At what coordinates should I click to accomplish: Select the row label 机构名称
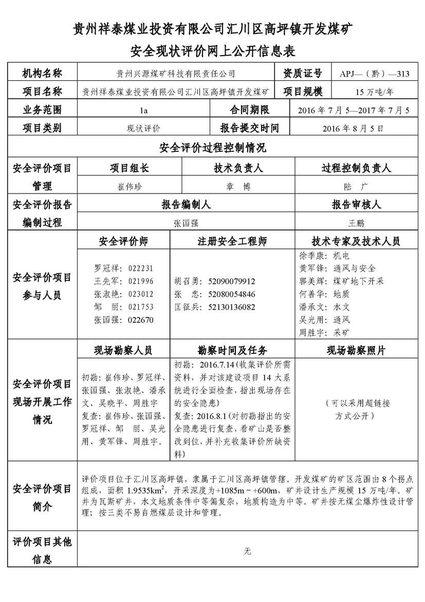click(x=42, y=74)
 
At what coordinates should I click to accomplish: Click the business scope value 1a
click(x=143, y=110)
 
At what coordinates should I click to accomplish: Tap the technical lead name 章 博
click(x=238, y=186)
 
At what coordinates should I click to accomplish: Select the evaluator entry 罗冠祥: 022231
click(x=123, y=268)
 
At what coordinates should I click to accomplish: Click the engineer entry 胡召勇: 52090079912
click(x=215, y=281)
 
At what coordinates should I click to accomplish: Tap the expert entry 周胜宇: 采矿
click(x=325, y=332)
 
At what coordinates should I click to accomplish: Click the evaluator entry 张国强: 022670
click(x=123, y=320)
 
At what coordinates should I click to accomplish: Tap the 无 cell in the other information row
click(x=248, y=552)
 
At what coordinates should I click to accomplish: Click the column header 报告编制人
click(x=186, y=205)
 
